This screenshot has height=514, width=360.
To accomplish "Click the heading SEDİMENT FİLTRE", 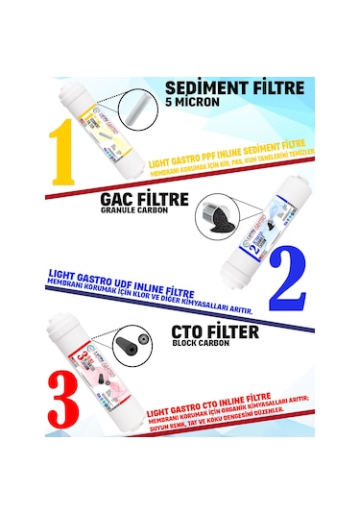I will pyautogui.click(x=235, y=88).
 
